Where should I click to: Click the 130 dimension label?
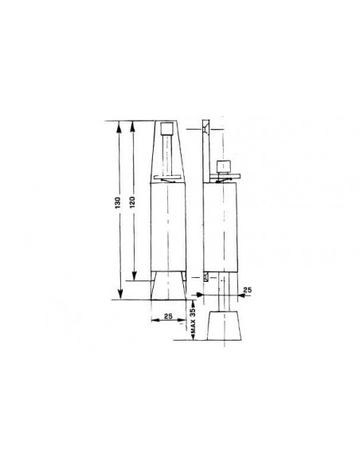[x=119, y=202]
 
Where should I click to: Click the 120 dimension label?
[x=132, y=201]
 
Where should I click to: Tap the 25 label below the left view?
[x=168, y=316]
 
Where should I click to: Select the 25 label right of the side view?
[x=247, y=290]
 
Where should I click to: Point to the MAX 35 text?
[x=193, y=320]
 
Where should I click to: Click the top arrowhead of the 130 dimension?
[x=119, y=126]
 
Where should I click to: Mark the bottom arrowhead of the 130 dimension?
[x=119, y=294]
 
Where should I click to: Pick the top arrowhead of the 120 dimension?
[x=133, y=126]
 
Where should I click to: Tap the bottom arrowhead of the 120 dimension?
[x=134, y=275]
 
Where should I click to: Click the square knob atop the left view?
[x=166, y=129]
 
